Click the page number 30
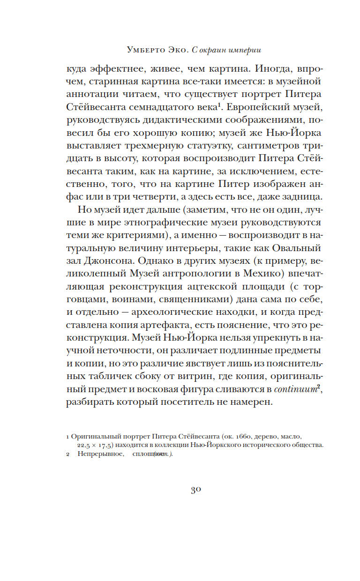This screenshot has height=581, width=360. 195,490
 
